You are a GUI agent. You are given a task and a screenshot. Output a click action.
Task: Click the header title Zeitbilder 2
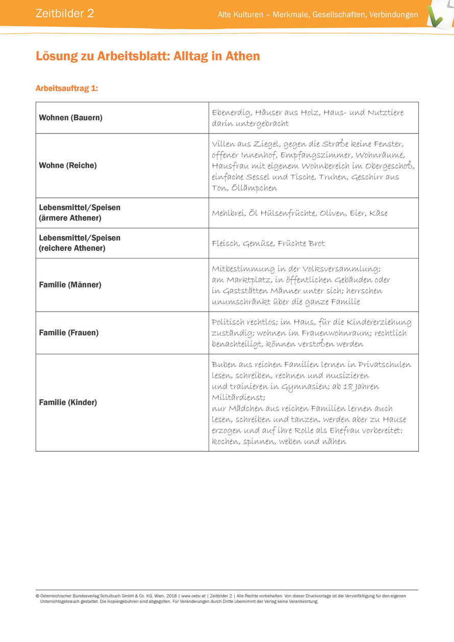(x=65, y=14)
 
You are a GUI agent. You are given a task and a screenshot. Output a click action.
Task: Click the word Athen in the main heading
(x=244, y=56)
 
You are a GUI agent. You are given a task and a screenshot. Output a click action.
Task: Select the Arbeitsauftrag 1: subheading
(x=67, y=88)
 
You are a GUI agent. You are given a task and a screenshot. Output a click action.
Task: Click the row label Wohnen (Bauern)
(x=71, y=118)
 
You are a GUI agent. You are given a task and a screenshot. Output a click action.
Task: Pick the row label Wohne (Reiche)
(x=68, y=165)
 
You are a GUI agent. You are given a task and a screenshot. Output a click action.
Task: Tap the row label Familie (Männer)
(x=70, y=285)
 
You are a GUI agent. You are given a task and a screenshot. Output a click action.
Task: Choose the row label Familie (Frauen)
(x=69, y=332)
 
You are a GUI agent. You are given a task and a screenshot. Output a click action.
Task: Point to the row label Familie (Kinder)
(x=68, y=402)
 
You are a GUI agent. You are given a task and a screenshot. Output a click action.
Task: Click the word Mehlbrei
(x=228, y=213)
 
